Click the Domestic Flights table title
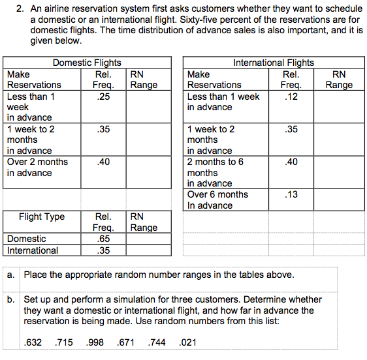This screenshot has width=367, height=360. tap(86, 63)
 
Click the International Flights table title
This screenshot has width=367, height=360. tap(273, 63)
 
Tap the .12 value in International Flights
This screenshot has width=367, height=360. tap(291, 97)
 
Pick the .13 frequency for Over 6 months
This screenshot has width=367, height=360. tap(291, 194)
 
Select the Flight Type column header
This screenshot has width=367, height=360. tap(42, 217)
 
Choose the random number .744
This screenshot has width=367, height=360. tap(159, 342)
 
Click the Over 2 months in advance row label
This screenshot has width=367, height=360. tap(37, 167)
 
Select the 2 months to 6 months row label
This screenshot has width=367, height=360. tap(215, 172)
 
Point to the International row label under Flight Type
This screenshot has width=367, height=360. tap(33, 250)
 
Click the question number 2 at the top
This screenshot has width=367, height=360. tap(20, 8)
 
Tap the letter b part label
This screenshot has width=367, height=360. tap(12, 300)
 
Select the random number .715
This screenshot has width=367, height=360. tap(65, 342)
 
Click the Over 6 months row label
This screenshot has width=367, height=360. tap(217, 200)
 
